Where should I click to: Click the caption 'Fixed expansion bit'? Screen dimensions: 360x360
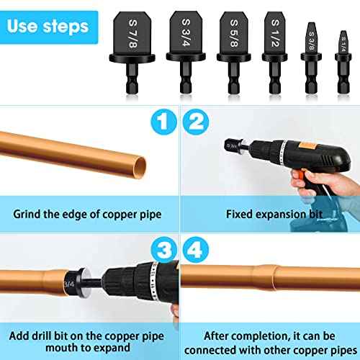(x=269, y=214)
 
